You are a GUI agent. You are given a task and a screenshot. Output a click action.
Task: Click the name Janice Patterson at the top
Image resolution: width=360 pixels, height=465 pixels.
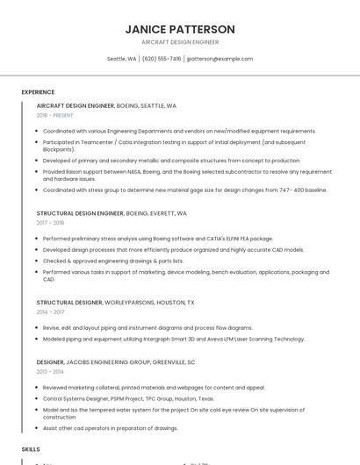pyautogui.click(x=180, y=29)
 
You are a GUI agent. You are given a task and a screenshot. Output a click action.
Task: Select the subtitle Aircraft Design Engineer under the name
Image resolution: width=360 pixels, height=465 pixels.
pyautogui.click(x=180, y=41)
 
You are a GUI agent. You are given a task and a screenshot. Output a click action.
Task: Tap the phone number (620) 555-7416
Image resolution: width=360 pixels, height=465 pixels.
pyautogui.click(x=162, y=59)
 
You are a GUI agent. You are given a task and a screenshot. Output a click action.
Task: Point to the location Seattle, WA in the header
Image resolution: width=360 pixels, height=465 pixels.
pyautogui.click(x=121, y=59)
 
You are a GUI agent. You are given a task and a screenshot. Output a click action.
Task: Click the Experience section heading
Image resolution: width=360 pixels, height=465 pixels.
pyautogui.click(x=38, y=92)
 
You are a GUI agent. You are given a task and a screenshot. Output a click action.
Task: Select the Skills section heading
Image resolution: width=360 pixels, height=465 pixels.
pyautogui.click(x=31, y=448)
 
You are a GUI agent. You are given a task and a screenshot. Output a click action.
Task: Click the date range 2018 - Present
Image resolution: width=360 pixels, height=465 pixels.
pyautogui.click(x=54, y=115)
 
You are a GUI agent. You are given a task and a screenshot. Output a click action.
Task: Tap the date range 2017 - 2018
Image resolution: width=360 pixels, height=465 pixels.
pyautogui.click(x=51, y=223)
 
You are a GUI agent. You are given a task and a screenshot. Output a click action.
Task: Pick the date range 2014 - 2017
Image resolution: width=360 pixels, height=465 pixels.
pyautogui.click(x=51, y=311)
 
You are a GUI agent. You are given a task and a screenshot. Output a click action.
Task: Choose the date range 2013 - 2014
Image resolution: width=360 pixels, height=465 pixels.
pyautogui.click(x=51, y=371)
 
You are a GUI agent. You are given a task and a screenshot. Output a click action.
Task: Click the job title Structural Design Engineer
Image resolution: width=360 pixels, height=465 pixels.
pyautogui.click(x=80, y=213)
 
